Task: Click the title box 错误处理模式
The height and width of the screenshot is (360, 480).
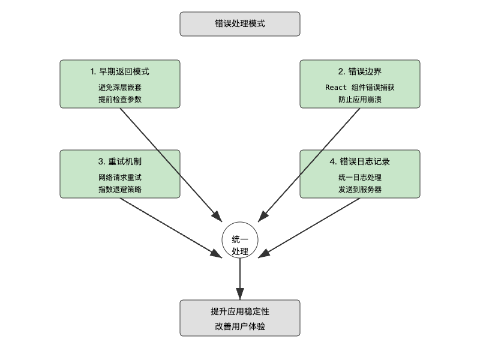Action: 240,24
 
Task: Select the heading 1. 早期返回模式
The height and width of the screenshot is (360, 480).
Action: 120,72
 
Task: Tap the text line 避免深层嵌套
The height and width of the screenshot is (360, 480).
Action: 120,88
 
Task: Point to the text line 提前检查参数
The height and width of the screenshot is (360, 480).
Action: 120,99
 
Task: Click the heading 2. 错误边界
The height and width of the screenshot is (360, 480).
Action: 360,72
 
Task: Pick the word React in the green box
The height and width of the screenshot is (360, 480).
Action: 336,88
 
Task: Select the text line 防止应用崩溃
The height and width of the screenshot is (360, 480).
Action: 360,99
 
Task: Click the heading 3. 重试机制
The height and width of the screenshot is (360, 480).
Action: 120,162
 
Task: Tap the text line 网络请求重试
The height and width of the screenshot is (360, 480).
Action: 120,178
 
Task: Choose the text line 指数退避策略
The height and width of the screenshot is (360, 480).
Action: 120,189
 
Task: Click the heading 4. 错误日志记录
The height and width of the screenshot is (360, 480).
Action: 360,162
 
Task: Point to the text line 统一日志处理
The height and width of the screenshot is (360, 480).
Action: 360,178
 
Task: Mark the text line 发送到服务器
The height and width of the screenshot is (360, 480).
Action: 360,189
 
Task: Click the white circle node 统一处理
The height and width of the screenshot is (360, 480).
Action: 240,240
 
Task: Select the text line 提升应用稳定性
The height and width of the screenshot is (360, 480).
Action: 240,312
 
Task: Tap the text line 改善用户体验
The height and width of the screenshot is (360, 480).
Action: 240,326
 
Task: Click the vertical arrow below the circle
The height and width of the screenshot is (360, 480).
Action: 240,279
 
